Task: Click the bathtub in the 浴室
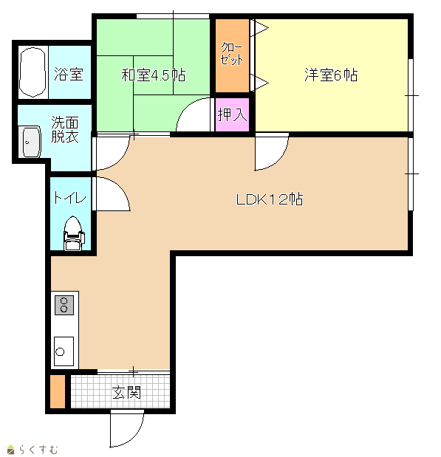tap(33, 72)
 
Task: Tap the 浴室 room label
tap(69, 74)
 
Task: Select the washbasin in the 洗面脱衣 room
tap(30, 142)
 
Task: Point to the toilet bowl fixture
tap(74, 233)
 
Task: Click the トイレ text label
tap(69, 198)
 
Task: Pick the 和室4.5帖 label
tap(154, 75)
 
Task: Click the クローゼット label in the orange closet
tap(232, 54)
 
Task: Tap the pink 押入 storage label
tap(233, 114)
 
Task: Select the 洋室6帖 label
tap(331, 75)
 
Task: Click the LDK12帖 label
tap(270, 199)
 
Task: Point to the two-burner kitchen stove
tap(64, 305)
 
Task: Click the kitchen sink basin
tap(64, 351)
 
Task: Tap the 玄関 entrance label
tap(126, 392)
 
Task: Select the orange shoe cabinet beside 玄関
tap(58, 391)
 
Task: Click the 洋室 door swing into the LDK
tap(280, 159)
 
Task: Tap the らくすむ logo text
tap(38, 450)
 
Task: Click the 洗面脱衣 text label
tap(65, 129)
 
